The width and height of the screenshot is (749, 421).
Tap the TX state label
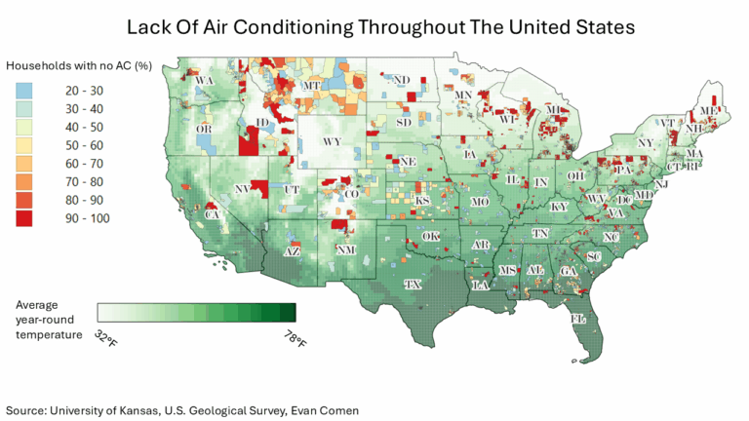[x=413, y=285]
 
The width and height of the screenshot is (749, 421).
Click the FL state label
[x=577, y=319]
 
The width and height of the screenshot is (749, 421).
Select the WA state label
[x=206, y=81]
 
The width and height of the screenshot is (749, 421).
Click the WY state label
[x=331, y=141]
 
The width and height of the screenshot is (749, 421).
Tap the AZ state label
[x=291, y=250]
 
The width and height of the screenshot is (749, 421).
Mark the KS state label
[x=423, y=201]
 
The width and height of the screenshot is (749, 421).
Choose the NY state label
[x=645, y=142]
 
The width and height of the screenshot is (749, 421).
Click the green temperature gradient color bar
[x=196, y=313]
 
